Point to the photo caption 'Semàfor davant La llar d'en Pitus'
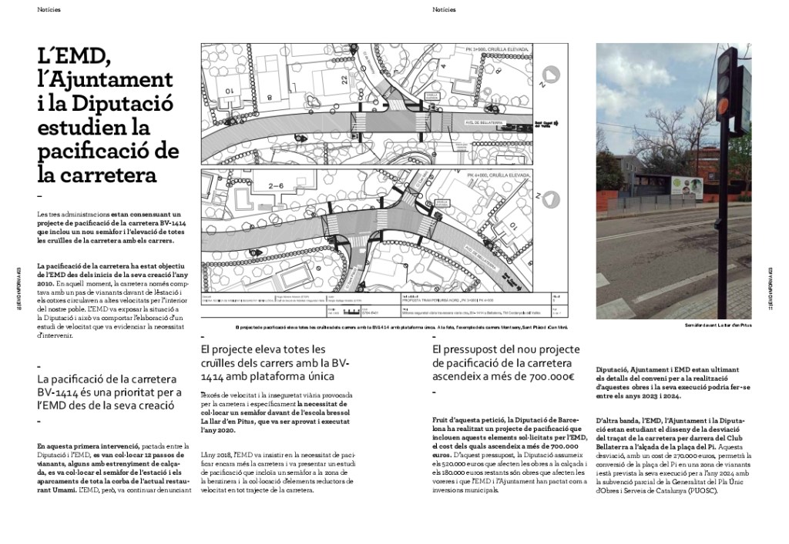click(x=717, y=326)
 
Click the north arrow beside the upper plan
click(x=545, y=75)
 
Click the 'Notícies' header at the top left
click(x=49, y=10)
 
